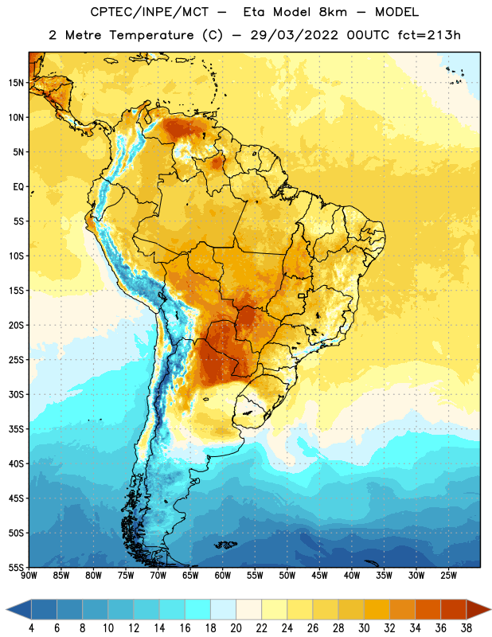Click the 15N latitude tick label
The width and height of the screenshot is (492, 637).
pyautogui.click(x=16, y=83)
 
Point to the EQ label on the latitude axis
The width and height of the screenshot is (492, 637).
pyautogui.click(x=18, y=187)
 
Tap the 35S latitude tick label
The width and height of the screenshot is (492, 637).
pyautogui.click(x=16, y=429)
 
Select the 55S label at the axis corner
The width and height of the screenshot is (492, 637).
pyautogui.click(x=16, y=567)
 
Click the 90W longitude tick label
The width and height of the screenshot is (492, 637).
pyautogui.click(x=29, y=576)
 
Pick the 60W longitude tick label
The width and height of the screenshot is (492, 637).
pyautogui.click(x=223, y=576)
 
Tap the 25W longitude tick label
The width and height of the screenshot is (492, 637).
pyautogui.click(x=448, y=576)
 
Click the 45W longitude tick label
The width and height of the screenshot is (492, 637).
pyautogui.click(x=319, y=576)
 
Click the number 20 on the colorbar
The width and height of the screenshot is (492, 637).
pyautogui.click(x=236, y=628)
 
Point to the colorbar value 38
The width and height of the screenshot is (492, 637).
pyautogui.click(x=467, y=628)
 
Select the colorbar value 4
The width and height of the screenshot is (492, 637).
pyautogui.click(x=31, y=628)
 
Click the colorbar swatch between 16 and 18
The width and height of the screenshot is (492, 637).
pyautogui.click(x=198, y=609)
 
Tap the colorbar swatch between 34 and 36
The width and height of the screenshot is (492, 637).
pyautogui.click(x=428, y=609)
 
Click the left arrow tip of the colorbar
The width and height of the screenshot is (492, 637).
pyautogui.click(x=6, y=609)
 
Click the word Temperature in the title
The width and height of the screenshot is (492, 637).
pyautogui.click(x=151, y=35)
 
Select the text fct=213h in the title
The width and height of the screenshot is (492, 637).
pyautogui.click(x=429, y=35)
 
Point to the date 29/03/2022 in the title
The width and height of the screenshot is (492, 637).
pyautogui.click(x=294, y=35)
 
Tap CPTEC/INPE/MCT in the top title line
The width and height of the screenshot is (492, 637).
pyautogui.click(x=149, y=12)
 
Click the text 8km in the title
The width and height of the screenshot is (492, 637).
pyautogui.click(x=333, y=12)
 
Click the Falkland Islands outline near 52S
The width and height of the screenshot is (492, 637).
pyautogui.click(x=225, y=545)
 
